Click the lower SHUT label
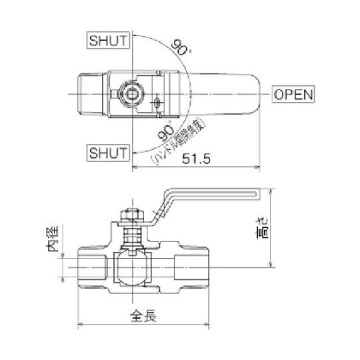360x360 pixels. [107, 153]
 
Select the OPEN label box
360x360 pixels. [293, 94]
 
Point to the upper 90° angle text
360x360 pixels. [178, 48]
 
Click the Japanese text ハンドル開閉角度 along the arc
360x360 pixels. [180, 141]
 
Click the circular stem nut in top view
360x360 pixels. [131, 94]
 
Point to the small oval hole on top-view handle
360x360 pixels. [157, 102]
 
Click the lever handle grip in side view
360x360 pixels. [213, 193]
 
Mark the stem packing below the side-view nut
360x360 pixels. [131, 235]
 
